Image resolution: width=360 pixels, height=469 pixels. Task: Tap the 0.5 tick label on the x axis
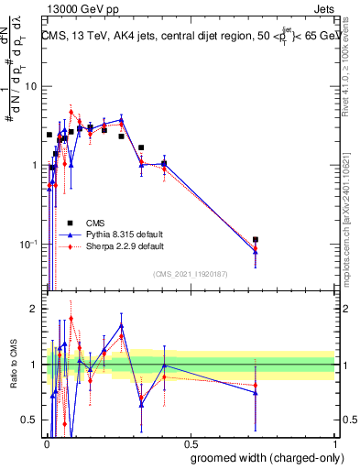(191, 443)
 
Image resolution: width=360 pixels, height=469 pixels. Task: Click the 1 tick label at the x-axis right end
(334, 443)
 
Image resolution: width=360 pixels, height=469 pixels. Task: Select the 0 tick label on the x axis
(48, 443)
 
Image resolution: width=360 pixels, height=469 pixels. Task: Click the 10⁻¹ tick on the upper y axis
(29, 245)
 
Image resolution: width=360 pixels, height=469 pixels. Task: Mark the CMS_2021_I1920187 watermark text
(190, 274)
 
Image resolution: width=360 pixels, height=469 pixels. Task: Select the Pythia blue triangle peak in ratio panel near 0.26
(121, 325)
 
